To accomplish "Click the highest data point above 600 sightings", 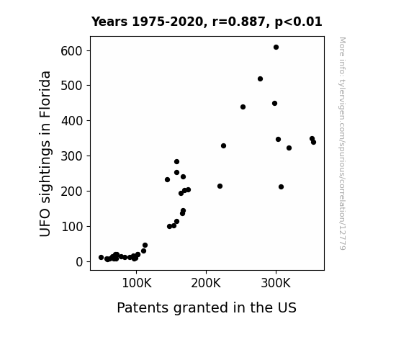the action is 276,48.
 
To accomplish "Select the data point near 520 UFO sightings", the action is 260,78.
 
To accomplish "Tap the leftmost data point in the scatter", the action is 101,257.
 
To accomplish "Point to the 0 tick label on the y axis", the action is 79,262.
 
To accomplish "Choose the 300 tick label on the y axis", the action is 71,156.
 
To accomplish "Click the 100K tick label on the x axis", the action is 137,283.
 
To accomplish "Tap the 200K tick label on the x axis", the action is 206,283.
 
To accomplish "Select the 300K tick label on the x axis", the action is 276,283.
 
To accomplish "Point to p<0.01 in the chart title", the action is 298,22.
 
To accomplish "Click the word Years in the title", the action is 109,22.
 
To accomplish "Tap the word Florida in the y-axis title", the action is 45,94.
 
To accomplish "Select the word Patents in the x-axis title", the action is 143,307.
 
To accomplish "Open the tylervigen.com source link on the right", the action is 342,143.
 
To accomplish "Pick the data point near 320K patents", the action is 289,148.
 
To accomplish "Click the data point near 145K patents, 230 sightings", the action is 167,179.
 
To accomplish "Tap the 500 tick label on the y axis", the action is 71,86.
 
